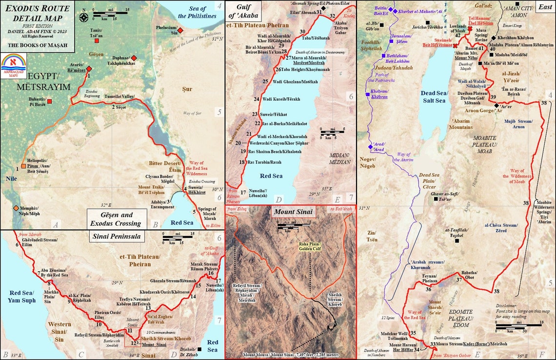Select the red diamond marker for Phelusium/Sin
click(x=180, y=30)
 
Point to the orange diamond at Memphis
click(x=16, y=208)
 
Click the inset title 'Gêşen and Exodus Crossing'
click(x=117, y=219)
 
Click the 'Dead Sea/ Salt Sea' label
click(x=434, y=96)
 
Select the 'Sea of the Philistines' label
click(x=197, y=12)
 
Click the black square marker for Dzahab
click(x=200, y=349)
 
